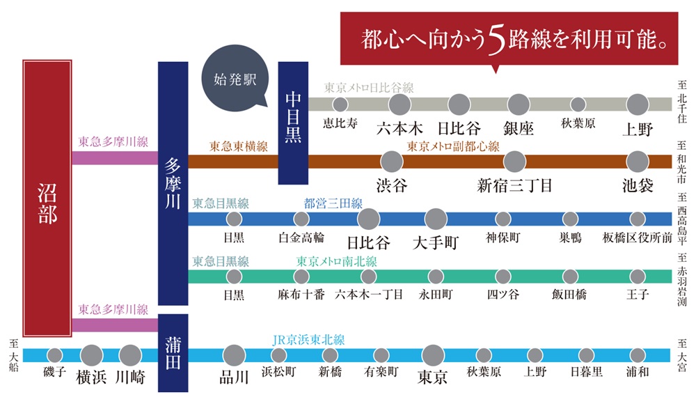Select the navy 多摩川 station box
pos(173,183)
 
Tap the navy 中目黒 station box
pos(293,123)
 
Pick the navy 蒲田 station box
pos(173,352)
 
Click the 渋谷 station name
pos(392,186)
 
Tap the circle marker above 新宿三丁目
pos(514,162)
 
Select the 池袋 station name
pos(638,186)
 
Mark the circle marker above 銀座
pos(519,104)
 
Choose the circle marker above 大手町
pos(435,219)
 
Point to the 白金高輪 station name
pos(301,238)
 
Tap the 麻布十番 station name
pos(301,295)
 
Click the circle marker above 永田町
pos(435,276)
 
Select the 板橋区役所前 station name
pos(638,238)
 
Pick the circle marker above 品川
pos(234,355)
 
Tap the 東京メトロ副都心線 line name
pos(453,147)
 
